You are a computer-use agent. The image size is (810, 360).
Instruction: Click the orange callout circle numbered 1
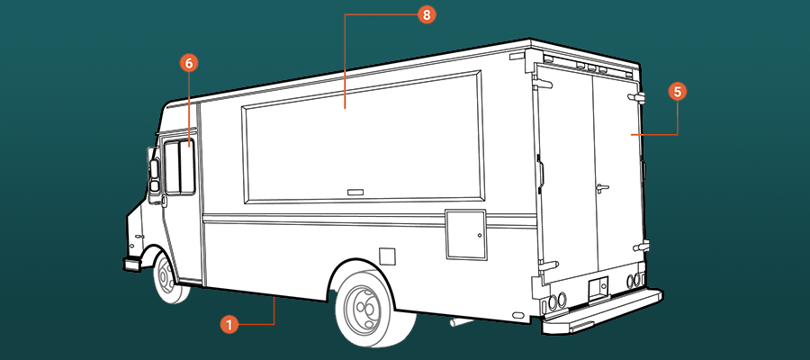click(229, 325)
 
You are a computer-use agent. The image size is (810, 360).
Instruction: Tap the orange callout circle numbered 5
click(677, 92)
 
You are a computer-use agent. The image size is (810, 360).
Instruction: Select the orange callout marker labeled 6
click(189, 63)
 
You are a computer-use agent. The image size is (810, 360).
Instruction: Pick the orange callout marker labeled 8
click(427, 15)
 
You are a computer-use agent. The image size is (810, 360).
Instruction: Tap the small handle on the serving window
click(355, 192)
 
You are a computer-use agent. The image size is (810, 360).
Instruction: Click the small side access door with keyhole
click(466, 235)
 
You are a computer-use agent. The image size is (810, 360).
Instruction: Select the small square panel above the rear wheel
click(387, 256)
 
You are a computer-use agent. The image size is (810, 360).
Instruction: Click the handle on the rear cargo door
click(601, 188)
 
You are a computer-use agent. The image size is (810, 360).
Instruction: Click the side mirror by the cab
click(154, 176)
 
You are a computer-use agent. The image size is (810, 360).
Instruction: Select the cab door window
click(179, 166)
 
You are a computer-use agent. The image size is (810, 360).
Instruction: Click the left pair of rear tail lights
click(557, 301)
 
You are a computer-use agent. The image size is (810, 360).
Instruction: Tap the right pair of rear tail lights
click(634, 281)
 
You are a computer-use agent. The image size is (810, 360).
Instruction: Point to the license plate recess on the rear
click(598, 285)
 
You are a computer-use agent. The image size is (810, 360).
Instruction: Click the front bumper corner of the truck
click(132, 264)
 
